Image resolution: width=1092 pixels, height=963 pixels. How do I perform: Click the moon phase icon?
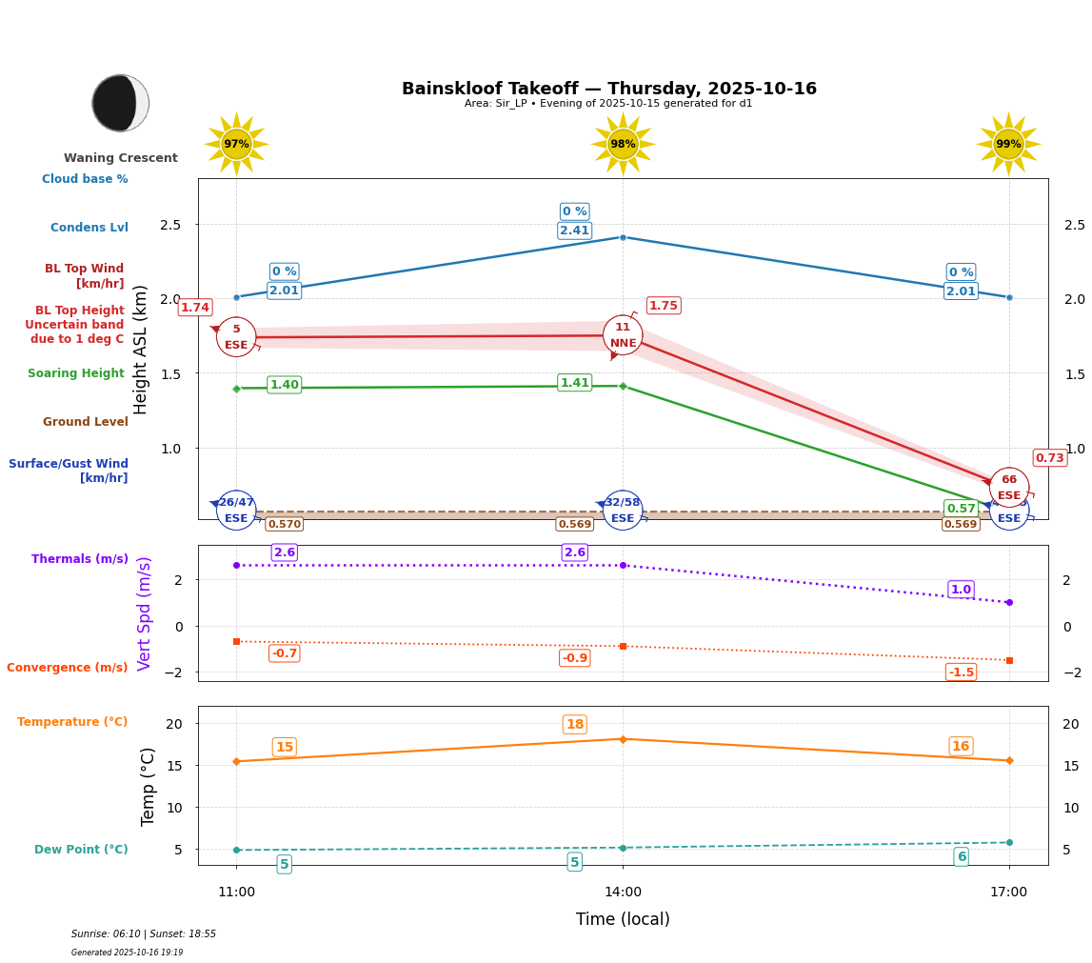click(x=120, y=103)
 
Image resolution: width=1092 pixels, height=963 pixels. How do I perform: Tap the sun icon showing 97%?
click(x=236, y=144)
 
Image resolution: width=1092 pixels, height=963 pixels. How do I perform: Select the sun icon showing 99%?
click(x=1008, y=144)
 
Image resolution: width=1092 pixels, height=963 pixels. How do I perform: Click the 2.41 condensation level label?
click(x=574, y=231)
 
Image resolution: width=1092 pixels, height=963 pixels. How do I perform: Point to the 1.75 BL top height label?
click(x=663, y=306)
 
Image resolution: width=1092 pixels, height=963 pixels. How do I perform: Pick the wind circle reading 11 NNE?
click(x=623, y=335)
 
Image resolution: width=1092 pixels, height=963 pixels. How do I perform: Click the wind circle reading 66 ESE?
click(x=1008, y=488)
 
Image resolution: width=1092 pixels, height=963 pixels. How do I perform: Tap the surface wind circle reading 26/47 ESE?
click(x=236, y=511)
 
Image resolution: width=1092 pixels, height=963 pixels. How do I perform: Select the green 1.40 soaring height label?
click(x=284, y=385)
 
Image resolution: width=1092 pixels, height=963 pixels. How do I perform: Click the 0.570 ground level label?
click(x=284, y=524)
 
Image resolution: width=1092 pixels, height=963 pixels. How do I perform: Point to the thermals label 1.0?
click(x=961, y=590)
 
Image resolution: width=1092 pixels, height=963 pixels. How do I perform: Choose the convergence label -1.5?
click(x=961, y=672)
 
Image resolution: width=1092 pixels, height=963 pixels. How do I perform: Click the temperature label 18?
click(x=574, y=725)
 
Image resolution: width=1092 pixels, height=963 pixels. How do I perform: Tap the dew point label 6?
click(x=961, y=857)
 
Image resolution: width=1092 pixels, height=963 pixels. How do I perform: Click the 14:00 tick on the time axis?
click(x=623, y=893)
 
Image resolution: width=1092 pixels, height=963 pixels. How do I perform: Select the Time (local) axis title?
click(x=623, y=919)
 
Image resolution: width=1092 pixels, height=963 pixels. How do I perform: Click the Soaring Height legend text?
click(x=76, y=373)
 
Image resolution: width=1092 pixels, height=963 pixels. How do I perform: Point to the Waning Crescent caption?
click(x=120, y=158)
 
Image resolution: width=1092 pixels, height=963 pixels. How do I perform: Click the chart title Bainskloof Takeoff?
click(x=608, y=89)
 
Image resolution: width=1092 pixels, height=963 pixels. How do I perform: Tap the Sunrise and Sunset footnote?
click(x=143, y=934)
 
